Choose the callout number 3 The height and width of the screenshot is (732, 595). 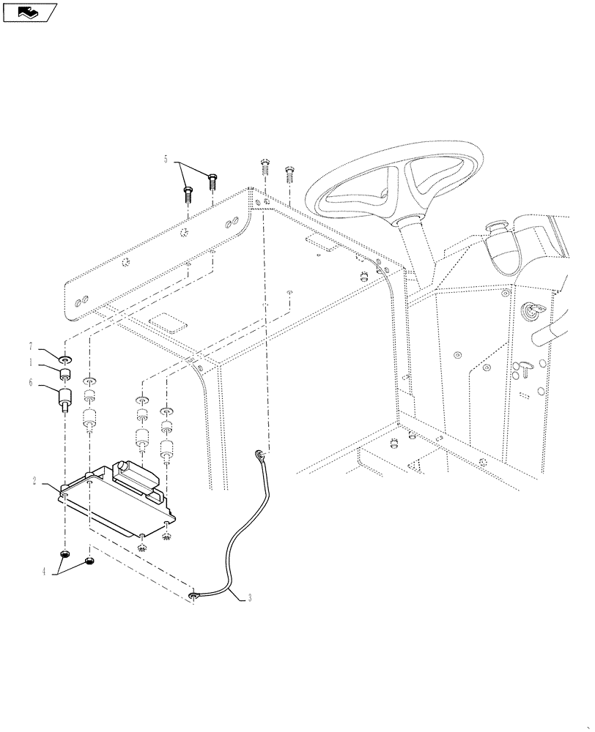[249, 598]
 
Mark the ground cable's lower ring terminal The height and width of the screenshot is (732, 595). [193, 597]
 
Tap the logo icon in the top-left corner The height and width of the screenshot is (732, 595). [29, 12]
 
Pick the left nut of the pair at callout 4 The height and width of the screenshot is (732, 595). [66, 553]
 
